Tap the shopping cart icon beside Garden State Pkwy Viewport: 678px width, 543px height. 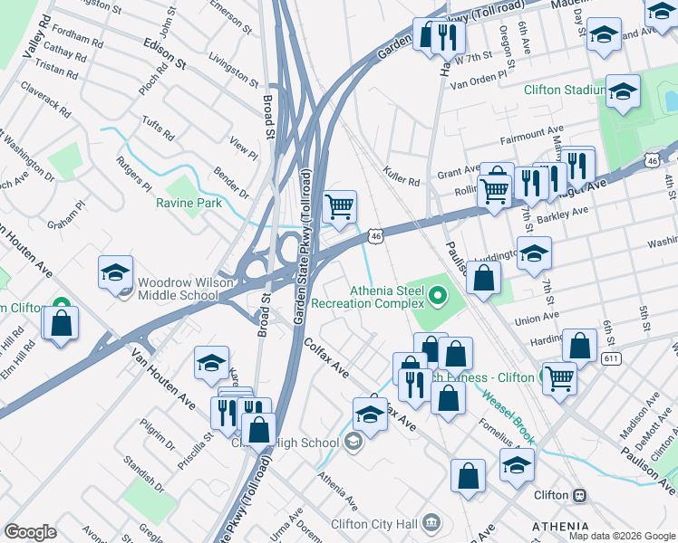[339, 206]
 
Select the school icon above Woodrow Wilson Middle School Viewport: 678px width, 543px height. [116, 272]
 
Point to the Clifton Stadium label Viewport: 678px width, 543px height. [564, 90]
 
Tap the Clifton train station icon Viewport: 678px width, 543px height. [577, 495]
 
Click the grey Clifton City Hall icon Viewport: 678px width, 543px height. [431, 522]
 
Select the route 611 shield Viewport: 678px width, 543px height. [609, 359]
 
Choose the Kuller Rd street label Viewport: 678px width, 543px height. [402, 176]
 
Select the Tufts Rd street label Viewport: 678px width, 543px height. [157, 129]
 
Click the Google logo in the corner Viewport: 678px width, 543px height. [31, 532]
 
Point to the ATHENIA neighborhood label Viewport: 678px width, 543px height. [560, 526]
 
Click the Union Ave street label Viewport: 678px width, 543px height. [537, 319]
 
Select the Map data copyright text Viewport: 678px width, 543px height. [621, 536]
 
